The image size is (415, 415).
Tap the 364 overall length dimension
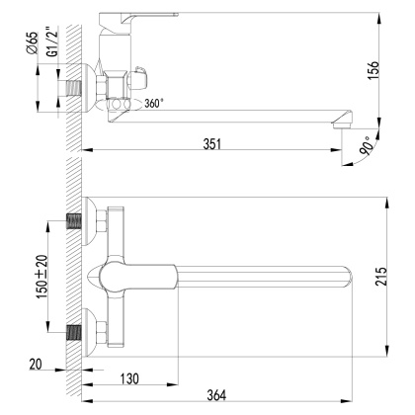(233, 395)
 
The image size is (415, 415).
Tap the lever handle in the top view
(138, 276)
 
